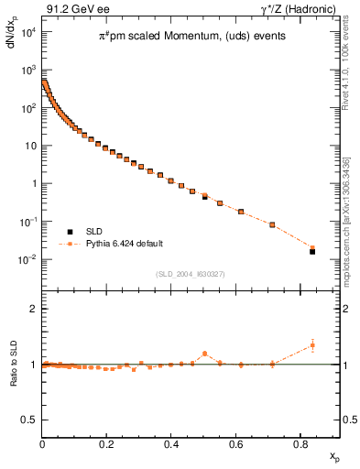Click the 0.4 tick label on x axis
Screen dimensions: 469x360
point(171,445)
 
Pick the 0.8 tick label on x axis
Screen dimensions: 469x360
point(300,445)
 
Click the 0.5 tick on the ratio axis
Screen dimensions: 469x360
point(30,420)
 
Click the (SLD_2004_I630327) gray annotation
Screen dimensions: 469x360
point(192,274)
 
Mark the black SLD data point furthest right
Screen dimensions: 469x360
point(312,251)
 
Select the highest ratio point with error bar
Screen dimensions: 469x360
point(312,345)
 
